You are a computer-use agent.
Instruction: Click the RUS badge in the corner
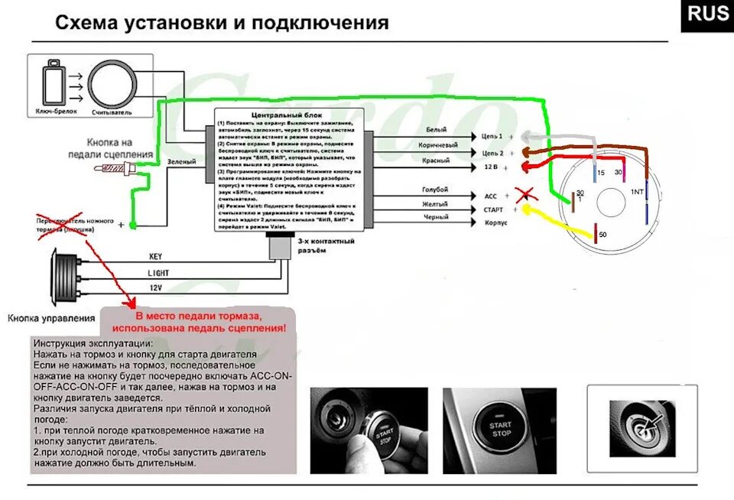click(x=707, y=15)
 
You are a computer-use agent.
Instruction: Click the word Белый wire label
click(x=436, y=131)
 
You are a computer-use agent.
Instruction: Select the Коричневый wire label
click(x=438, y=145)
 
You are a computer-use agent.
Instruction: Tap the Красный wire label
click(x=436, y=161)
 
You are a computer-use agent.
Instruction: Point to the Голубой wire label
click(x=435, y=190)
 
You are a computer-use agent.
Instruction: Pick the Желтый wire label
click(x=435, y=204)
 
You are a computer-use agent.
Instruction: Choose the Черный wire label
click(x=435, y=218)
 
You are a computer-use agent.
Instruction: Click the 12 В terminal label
click(x=490, y=166)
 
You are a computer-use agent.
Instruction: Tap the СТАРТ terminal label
click(x=493, y=209)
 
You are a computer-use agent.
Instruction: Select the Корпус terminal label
click(x=495, y=223)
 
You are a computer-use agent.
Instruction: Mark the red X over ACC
click(x=524, y=194)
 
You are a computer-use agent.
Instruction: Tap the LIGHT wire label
click(x=158, y=272)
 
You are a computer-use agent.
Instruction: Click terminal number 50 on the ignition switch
click(x=602, y=234)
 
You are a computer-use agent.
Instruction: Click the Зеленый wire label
click(x=182, y=162)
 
